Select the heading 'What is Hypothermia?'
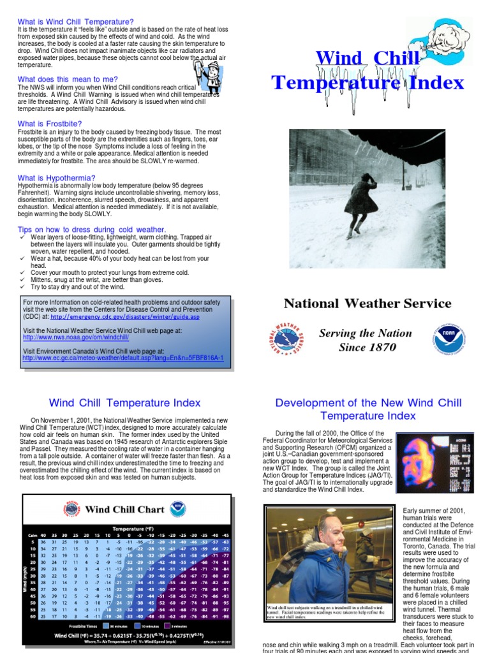(x=56, y=178)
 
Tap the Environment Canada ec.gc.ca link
(x=122, y=358)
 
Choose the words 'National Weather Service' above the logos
(x=367, y=304)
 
